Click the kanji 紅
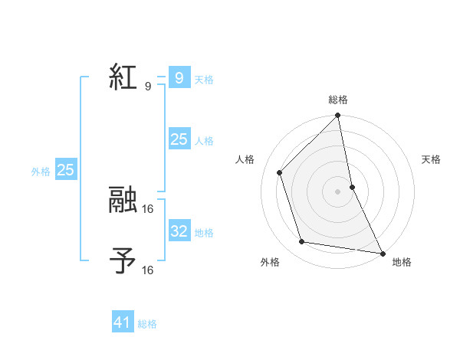[123, 78]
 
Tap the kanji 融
[123, 201]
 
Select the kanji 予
[123, 261]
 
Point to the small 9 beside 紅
[147, 87]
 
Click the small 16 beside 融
[148, 208]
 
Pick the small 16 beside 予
[148, 270]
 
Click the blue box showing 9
[179, 78]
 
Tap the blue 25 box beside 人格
[179, 139]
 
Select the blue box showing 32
[179, 231]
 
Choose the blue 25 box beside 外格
[65, 170]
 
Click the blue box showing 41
[123, 322]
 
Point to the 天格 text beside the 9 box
[204, 80]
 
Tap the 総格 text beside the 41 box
[147, 324]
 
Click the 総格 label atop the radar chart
[338, 100]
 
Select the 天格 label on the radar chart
[431, 159]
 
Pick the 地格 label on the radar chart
[402, 262]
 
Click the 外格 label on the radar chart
[270, 262]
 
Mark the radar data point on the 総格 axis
[338, 116]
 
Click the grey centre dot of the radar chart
[338, 191]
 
